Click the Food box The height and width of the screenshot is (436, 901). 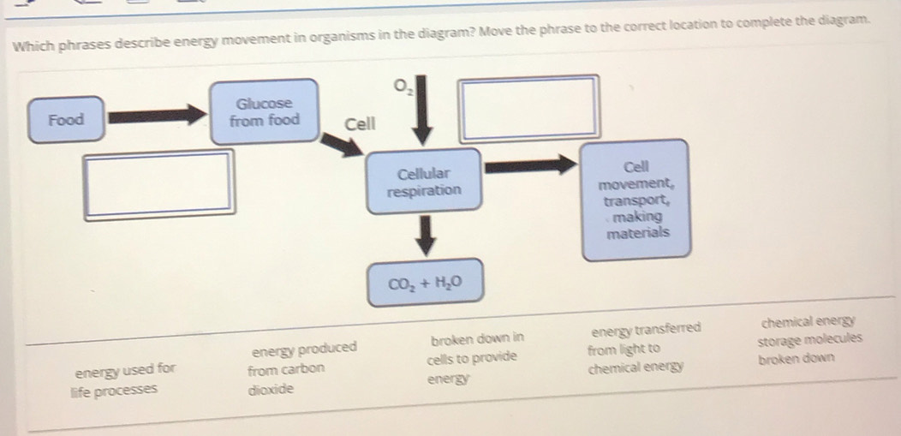66,120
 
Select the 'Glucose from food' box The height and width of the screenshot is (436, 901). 266,112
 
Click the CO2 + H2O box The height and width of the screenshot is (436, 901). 425,284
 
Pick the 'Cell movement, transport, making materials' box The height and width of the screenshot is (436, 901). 635,199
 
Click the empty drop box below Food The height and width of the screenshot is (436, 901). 158,182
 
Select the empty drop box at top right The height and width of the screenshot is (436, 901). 528,107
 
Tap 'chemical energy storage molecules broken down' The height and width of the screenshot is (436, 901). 809,341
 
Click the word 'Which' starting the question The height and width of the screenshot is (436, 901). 33,45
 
